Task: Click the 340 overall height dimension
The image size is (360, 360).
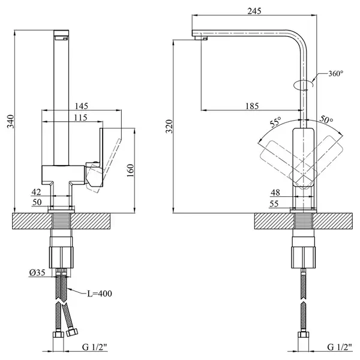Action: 11,121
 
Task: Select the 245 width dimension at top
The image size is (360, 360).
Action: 254,11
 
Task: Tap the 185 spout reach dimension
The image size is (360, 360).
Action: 252,106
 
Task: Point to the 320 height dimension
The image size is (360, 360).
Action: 169,126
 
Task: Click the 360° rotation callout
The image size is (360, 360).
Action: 335,73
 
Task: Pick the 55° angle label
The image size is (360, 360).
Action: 275,122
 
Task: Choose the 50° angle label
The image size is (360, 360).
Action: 326,119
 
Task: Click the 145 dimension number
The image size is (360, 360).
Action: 82,106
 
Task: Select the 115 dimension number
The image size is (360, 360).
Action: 81,118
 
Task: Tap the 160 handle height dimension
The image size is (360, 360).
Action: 130,170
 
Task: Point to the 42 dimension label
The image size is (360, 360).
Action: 36,192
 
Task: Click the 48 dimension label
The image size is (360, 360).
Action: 275,193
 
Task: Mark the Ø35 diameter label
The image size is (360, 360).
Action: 37,272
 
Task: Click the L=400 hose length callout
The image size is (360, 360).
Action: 100,293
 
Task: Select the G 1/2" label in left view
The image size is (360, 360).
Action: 95,347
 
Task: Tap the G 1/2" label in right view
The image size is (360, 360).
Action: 340,347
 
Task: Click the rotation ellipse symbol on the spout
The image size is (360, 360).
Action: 304,85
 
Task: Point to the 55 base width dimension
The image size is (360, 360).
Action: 274,203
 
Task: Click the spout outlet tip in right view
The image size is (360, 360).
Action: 202,38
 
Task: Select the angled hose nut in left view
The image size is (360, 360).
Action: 72,332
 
